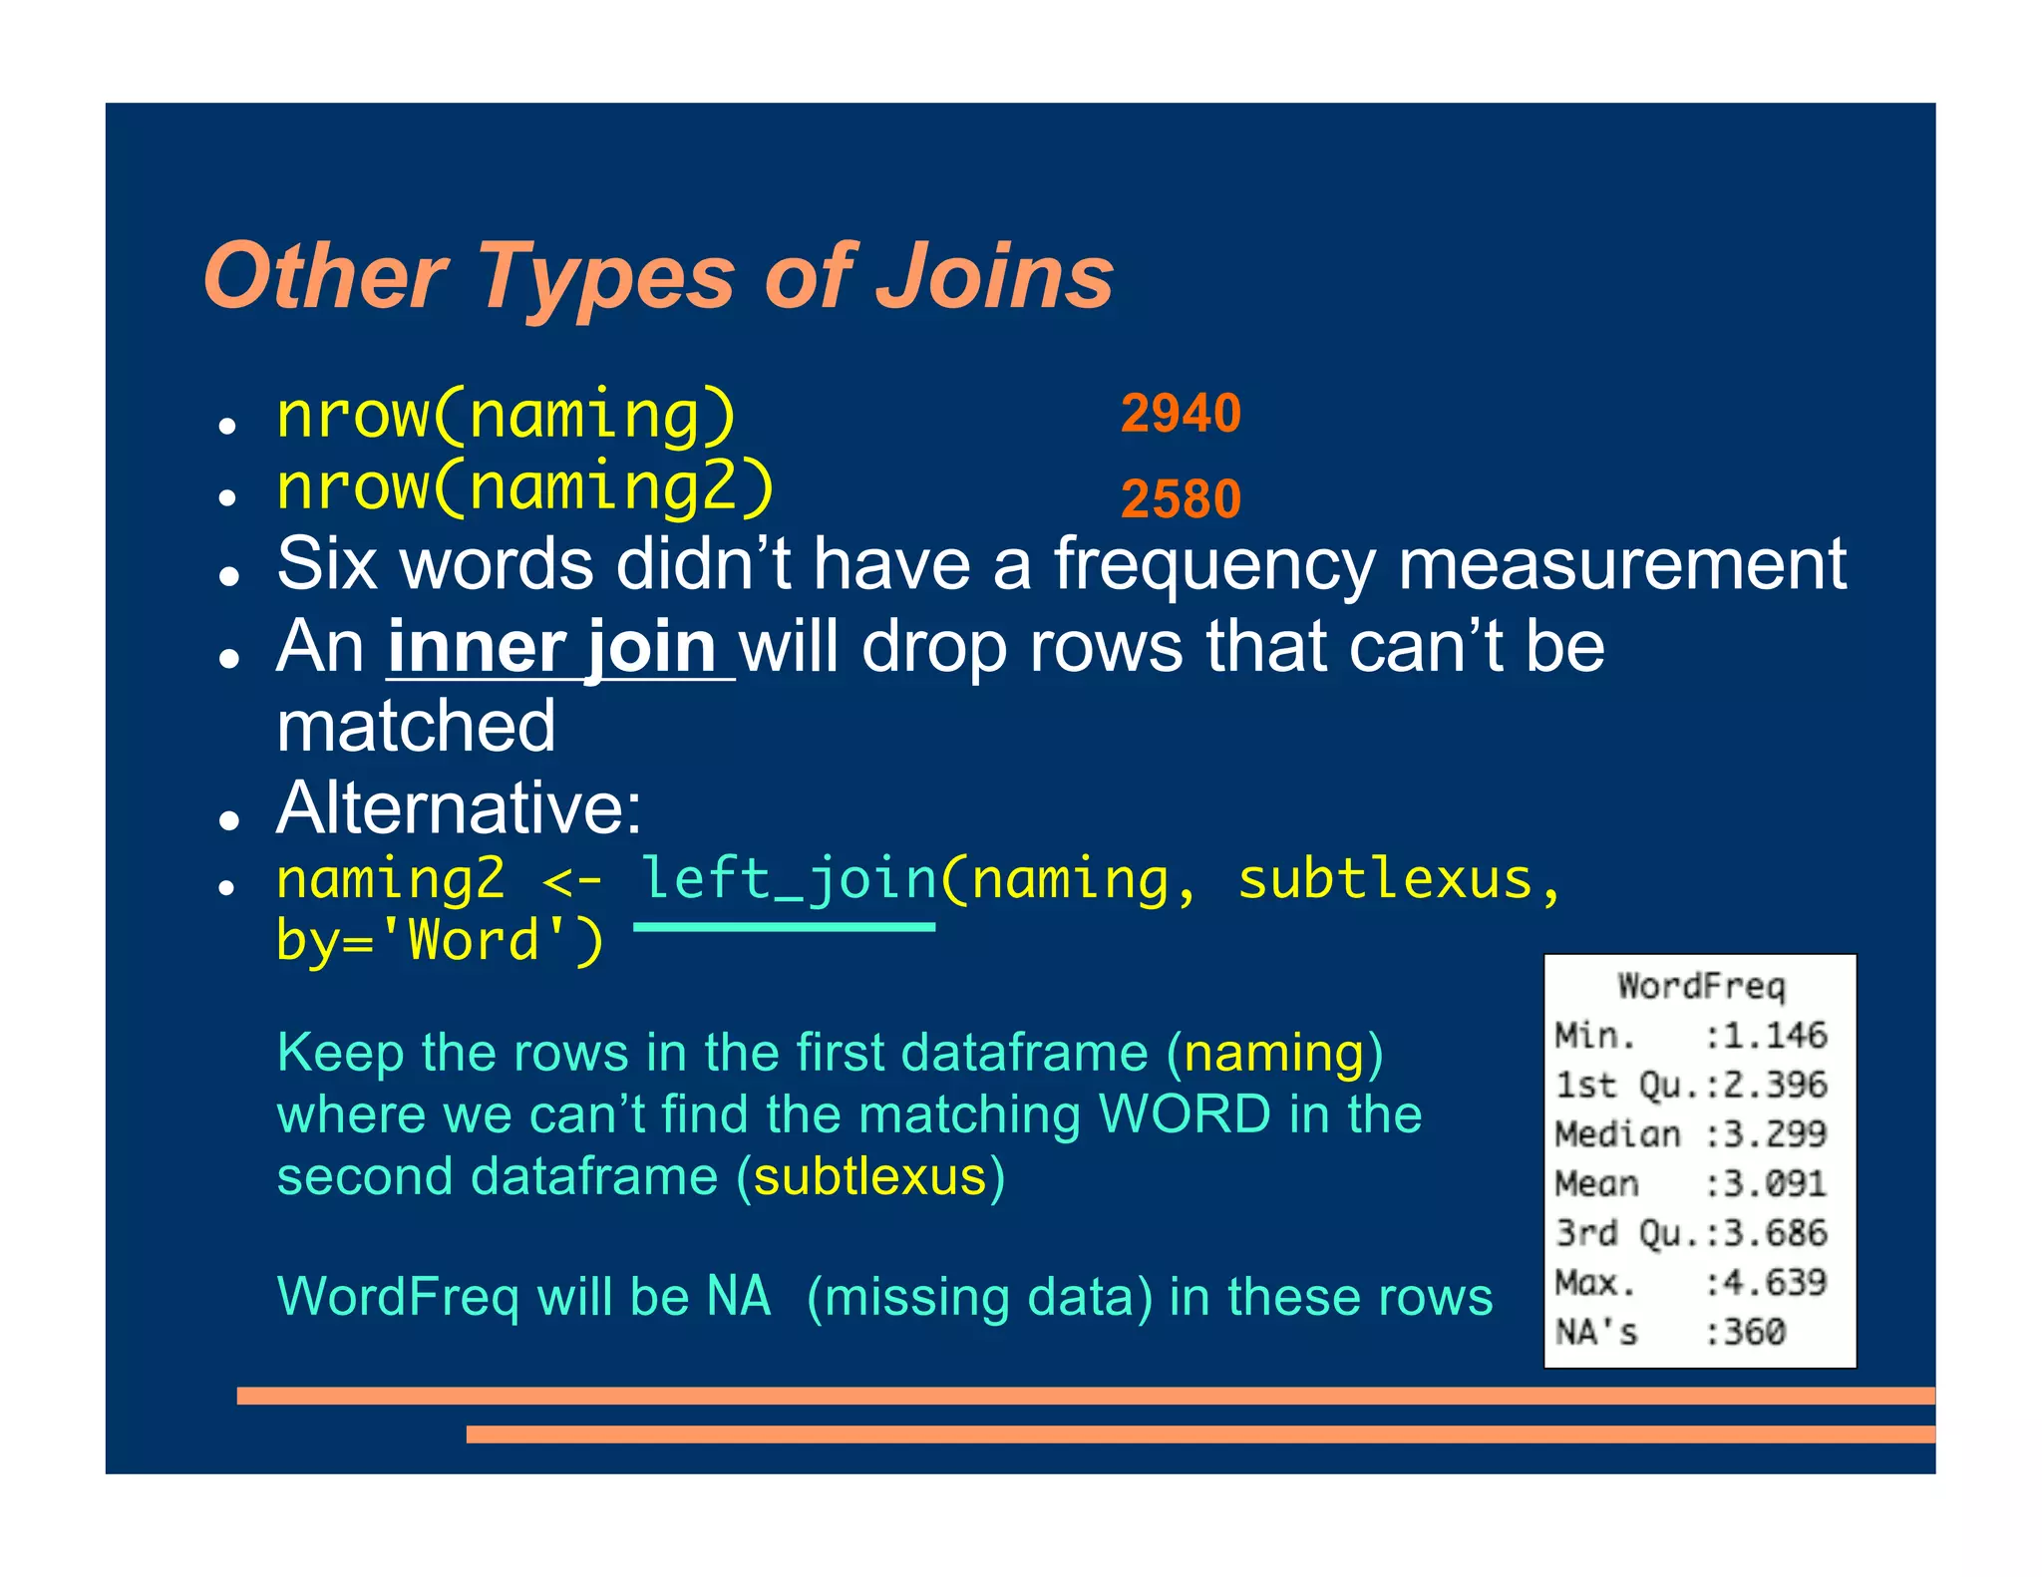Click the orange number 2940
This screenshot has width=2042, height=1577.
(1181, 413)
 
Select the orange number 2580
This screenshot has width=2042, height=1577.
(1181, 498)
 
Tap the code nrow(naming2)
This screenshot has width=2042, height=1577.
(525, 487)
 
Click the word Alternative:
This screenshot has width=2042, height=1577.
(460, 807)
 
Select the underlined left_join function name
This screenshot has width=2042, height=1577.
(788, 879)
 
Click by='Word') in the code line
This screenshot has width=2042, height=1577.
(440, 940)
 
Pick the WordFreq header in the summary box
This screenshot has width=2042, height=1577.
(1700, 986)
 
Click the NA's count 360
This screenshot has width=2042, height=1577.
(1755, 1332)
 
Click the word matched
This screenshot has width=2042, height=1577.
(416, 727)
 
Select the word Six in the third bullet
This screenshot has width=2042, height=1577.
(327, 564)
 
